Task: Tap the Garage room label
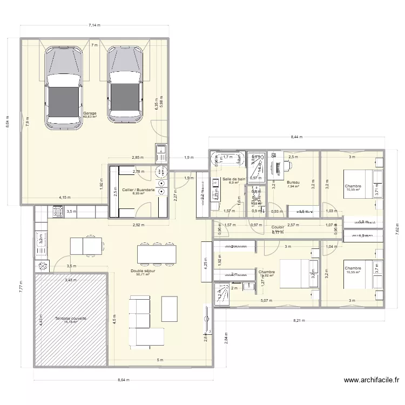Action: pyautogui.click(x=90, y=114)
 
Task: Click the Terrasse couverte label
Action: pyautogui.click(x=71, y=319)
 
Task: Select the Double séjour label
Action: pyautogui.click(x=143, y=271)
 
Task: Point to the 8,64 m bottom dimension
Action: pyautogui.click(x=124, y=380)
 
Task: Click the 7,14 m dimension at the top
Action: pyautogui.click(x=95, y=25)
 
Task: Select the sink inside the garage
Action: pyautogui.click(x=160, y=153)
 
